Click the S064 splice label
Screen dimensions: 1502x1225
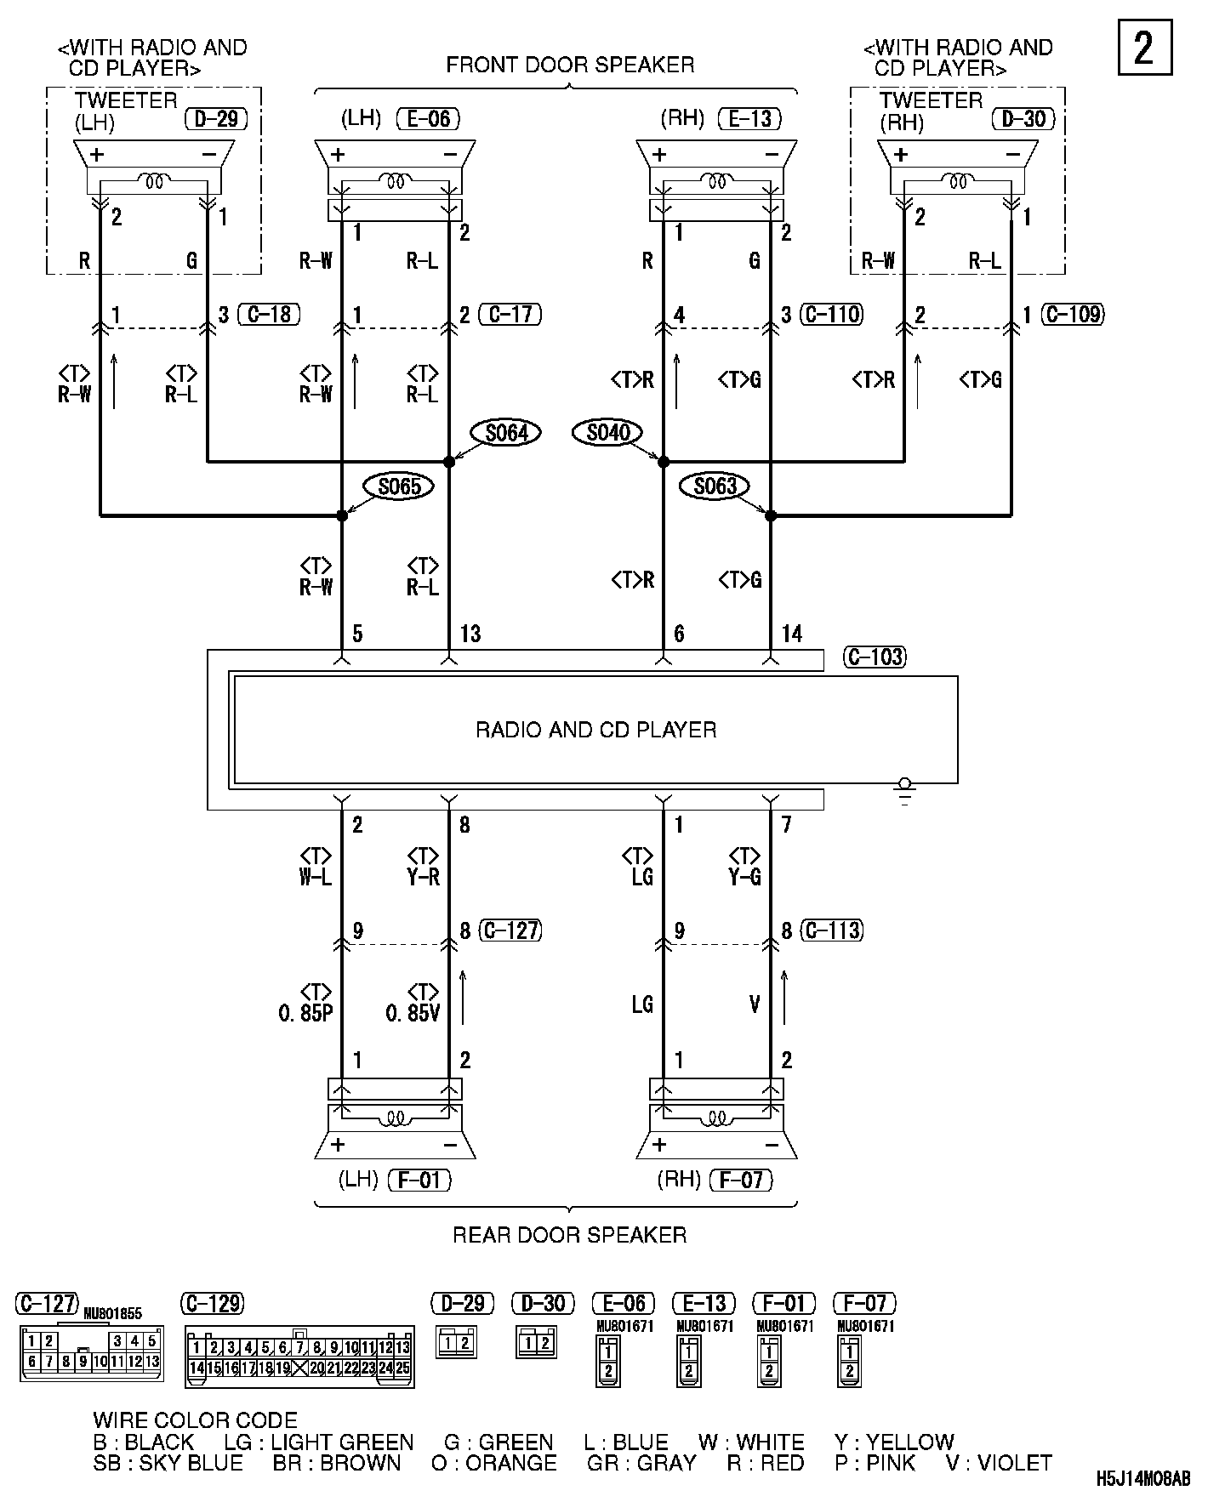[506, 433]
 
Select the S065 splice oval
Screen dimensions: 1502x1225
[399, 486]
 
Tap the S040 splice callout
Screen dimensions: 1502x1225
[608, 433]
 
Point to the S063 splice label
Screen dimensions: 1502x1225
[715, 486]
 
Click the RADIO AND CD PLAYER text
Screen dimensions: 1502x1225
[595, 730]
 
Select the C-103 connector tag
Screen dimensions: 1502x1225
[875, 657]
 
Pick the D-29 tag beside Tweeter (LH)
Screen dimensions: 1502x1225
[216, 118]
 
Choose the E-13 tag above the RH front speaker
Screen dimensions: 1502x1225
[749, 118]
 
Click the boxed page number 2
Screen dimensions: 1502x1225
[1144, 48]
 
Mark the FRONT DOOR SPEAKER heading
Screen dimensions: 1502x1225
[570, 65]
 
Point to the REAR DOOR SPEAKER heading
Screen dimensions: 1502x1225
[569, 1235]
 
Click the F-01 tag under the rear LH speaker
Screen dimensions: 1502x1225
[419, 1181]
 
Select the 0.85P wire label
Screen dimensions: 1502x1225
[305, 1014]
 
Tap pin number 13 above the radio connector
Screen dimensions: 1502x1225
[470, 634]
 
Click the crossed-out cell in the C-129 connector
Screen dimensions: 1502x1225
[299, 1368]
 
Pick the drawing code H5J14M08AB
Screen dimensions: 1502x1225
[1142, 1479]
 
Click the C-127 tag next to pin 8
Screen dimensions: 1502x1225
[510, 930]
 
